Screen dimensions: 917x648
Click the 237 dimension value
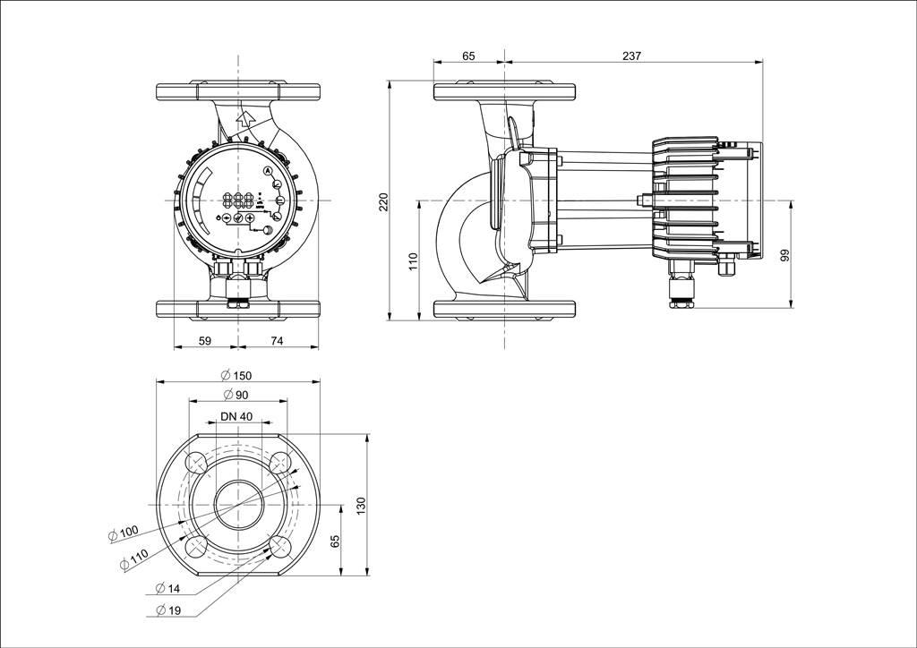tap(631, 56)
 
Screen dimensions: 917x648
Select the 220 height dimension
tap(383, 202)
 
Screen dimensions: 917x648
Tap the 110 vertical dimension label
tap(414, 261)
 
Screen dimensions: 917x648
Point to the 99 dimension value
tap(784, 255)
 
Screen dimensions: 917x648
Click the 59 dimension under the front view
tap(205, 341)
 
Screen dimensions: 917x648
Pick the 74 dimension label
tap(277, 341)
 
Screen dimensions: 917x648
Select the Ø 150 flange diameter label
tap(236, 376)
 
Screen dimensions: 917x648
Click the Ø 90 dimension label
tap(236, 395)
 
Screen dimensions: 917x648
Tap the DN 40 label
tap(236, 416)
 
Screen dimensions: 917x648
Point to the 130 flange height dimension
tap(361, 506)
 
